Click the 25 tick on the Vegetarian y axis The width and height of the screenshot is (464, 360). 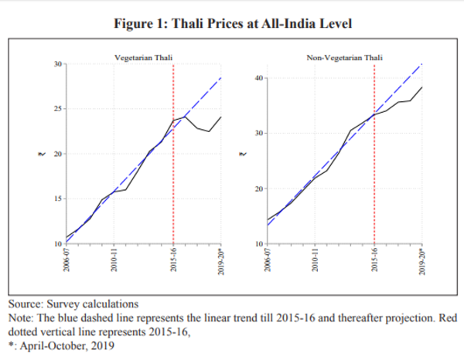tap(59, 108)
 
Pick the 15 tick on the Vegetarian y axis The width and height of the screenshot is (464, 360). tap(59, 199)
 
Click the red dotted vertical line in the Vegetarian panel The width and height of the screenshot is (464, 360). tap(173, 155)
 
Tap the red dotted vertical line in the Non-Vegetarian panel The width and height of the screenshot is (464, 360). tap(375, 155)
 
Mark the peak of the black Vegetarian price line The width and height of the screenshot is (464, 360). tap(184, 117)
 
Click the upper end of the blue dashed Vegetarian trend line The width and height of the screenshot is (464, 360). tap(221, 78)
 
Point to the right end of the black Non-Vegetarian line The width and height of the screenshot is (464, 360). tap(421, 87)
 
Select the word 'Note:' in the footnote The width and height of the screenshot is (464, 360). tap(22, 318)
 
